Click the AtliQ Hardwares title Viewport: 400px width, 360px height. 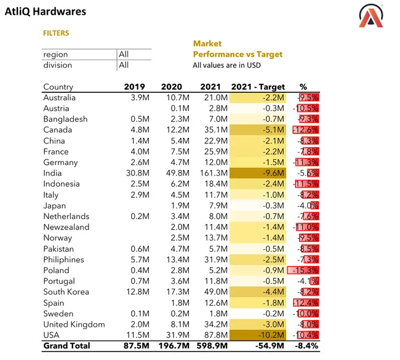(x=46, y=12)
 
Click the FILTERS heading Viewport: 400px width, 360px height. (x=56, y=33)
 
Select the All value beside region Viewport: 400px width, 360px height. (x=124, y=55)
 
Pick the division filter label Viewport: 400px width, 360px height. (x=57, y=65)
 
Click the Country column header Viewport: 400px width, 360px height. (x=58, y=87)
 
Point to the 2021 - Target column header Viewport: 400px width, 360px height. (x=257, y=87)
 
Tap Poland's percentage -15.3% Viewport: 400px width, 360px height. (x=306, y=270)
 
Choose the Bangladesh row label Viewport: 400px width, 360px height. (x=65, y=119)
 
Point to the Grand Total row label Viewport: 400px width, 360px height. (x=66, y=346)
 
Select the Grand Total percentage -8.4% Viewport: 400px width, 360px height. (x=306, y=346)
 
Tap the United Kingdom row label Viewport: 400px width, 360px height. (x=74, y=324)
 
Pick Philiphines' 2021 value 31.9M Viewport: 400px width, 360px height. (x=213, y=259)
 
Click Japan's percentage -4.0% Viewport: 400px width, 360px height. (x=307, y=206)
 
